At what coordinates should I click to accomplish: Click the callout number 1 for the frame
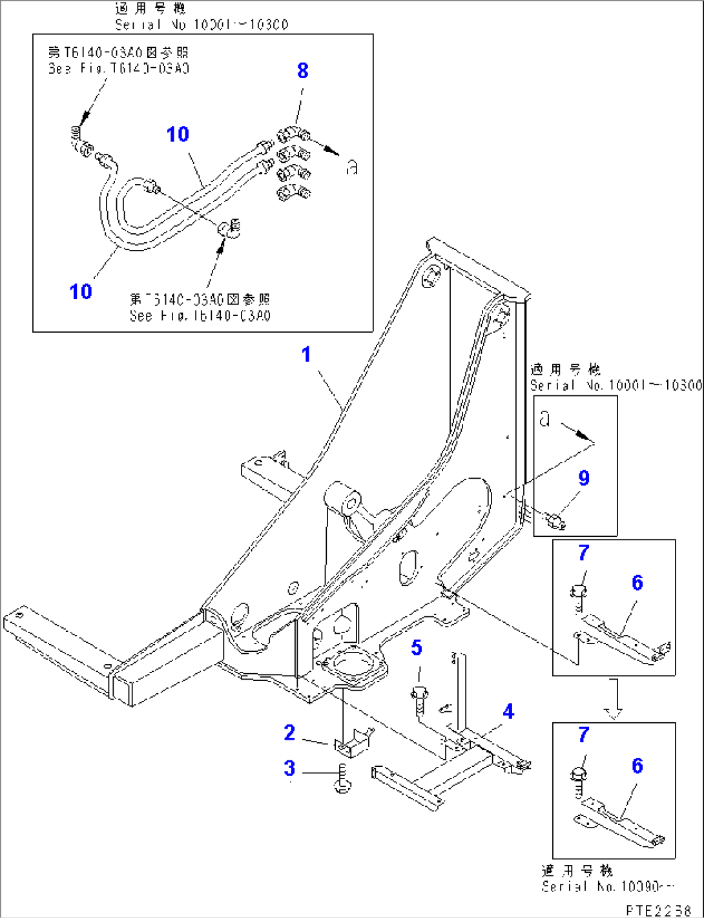(306, 354)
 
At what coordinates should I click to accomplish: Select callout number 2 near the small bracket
(289, 733)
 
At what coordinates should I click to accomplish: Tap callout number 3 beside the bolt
(289, 768)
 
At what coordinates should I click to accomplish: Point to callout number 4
(508, 711)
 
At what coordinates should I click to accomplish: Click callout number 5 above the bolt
(417, 647)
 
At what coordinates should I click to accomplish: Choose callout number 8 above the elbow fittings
(302, 70)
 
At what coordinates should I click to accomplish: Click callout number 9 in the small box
(584, 478)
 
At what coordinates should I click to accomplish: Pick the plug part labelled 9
(555, 519)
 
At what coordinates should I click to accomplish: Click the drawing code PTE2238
(659, 910)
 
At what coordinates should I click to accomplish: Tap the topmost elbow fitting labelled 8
(293, 136)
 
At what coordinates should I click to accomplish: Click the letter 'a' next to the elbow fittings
(351, 168)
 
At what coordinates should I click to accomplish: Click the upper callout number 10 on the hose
(178, 134)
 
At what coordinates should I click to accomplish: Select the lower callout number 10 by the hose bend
(81, 291)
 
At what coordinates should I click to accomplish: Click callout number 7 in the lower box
(584, 735)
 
